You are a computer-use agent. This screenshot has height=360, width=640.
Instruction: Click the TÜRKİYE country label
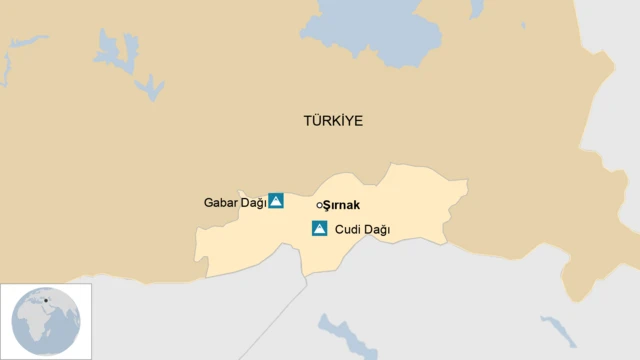pyautogui.click(x=333, y=121)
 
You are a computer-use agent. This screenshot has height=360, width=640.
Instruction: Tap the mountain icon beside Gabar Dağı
pyautogui.click(x=276, y=201)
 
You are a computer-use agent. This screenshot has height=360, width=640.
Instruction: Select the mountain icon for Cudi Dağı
pyautogui.click(x=319, y=229)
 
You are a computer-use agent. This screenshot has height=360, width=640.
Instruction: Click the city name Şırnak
pyautogui.click(x=341, y=205)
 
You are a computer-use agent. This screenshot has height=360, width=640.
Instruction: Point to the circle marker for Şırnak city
pyautogui.click(x=319, y=205)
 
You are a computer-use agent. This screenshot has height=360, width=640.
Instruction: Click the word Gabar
pyautogui.click(x=218, y=203)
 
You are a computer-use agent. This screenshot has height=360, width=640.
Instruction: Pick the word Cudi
pyautogui.click(x=348, y=230)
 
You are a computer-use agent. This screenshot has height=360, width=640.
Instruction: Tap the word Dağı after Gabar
pyautogui.click(x=253, y=203)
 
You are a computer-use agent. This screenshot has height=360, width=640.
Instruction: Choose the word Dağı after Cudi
pyautogui.click(x=376, y=230)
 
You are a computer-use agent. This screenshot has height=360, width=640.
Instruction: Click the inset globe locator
pyautogui.click(x=46, y=321)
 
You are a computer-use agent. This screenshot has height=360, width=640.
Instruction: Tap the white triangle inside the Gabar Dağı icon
pyautogui.click(x=276, y=201)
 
